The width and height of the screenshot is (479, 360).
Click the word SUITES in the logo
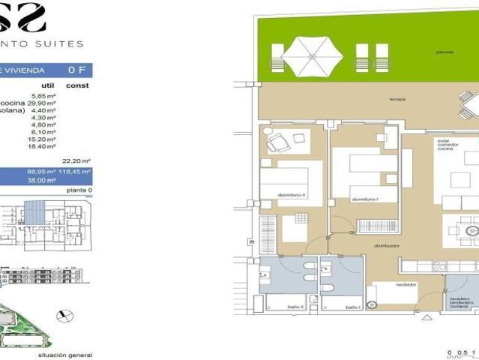coord(64,44)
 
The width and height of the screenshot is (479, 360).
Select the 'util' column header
coord(48,85)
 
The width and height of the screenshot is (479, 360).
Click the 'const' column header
coord(77,85)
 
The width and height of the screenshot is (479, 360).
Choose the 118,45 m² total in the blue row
coord(76,172)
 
